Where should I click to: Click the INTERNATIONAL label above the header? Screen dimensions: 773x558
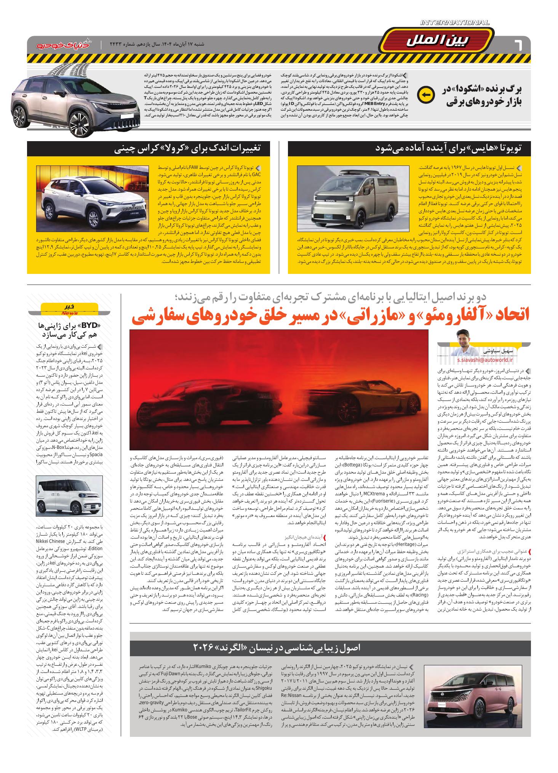[x=455, y=23]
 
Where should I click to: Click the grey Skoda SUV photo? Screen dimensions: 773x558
[x=75, y=102]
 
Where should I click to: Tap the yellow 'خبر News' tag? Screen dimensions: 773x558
[x=69, y=309]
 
